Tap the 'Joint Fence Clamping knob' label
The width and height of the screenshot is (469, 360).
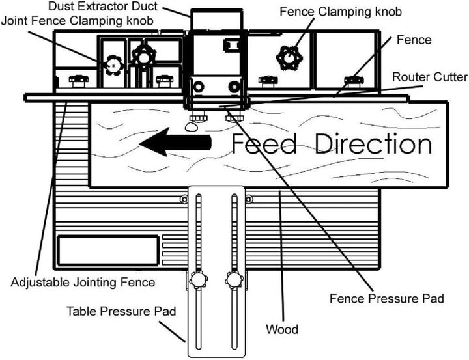[78, 21]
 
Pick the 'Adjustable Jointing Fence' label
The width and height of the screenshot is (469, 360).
[83, 283]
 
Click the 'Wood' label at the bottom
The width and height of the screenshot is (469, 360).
[282, 329]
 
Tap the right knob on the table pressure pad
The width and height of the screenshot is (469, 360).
[233, 281]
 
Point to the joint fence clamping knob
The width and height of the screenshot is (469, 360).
[113, 64]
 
